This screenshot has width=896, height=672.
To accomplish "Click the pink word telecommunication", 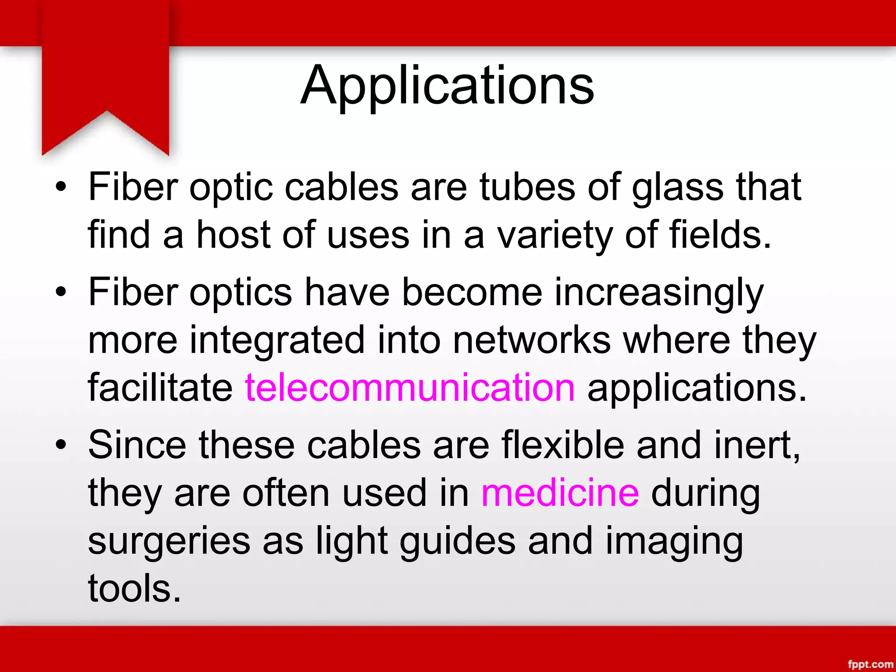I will point(409,387).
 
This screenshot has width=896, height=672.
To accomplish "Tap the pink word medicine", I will point(560,493).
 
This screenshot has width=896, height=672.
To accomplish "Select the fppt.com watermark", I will point(870,664).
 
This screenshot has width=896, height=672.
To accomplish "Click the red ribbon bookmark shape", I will point(105,74).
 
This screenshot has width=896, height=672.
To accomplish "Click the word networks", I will point(532,340).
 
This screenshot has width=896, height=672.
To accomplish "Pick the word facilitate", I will point(160,387).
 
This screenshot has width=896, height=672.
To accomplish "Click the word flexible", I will point(563,445).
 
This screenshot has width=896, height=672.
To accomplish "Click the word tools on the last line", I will point(134,588).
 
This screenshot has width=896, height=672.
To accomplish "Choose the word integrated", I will point(277,341).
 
